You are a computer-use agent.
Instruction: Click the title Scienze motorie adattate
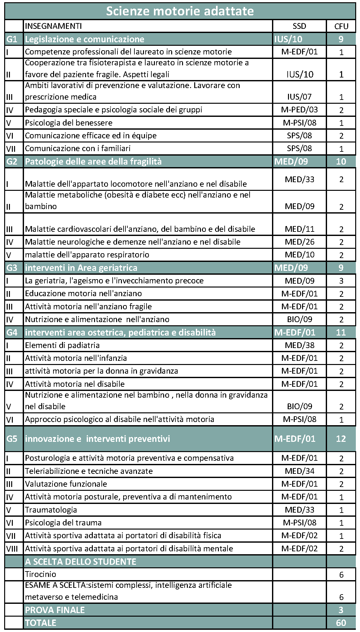point(180,11)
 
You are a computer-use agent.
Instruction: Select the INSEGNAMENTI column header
point(53,26)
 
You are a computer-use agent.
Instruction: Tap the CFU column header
point(341,26)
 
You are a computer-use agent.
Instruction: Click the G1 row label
point(12,39)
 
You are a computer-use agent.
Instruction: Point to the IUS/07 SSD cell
point(300,97)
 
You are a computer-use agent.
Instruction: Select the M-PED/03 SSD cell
point(300,110)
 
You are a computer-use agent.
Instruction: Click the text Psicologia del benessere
point(69,123)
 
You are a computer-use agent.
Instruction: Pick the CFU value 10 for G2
point(341,161)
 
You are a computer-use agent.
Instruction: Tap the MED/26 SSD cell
point(300,242)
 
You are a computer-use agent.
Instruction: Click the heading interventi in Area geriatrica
point(81,268)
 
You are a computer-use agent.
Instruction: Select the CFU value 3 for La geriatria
point(341,281)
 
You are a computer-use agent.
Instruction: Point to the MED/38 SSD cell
point(300,345)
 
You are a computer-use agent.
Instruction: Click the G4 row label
point(12,332)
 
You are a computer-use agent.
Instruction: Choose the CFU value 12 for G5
point(341,439)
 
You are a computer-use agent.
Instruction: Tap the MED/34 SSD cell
point(300,471)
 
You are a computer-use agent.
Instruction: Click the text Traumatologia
point(51,510)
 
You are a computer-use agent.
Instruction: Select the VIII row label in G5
point(12,548)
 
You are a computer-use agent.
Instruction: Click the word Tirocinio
point(41,574)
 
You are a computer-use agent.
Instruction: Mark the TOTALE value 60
point(341,623)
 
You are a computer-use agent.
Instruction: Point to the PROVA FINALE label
point(55,610)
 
